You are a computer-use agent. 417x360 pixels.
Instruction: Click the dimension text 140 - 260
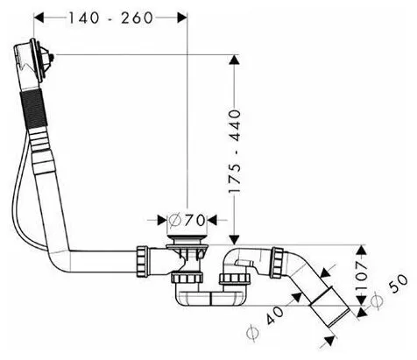(110, 18)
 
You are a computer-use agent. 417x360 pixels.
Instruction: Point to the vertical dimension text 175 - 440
(235, 151)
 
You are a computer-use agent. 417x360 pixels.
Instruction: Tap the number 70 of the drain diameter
(195, 221)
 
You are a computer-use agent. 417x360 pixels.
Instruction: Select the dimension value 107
(361, 275)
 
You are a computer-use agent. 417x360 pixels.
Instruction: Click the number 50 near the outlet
(399, 283)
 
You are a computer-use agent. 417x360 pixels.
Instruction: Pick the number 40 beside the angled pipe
(274, 315)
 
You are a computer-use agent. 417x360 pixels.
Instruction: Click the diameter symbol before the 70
(175, 221)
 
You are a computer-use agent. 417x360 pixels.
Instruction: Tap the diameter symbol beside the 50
(376, 302)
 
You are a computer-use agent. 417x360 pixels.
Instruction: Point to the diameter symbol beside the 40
(252, 333)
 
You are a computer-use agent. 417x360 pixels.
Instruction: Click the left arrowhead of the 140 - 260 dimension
(39, 18)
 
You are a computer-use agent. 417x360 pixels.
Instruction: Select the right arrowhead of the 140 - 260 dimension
(182, 18)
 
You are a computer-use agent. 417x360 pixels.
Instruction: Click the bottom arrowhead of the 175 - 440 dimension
(234, 239)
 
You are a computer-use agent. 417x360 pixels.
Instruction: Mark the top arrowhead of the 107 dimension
(362, 250)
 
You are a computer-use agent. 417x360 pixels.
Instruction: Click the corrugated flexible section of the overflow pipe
(33, 109)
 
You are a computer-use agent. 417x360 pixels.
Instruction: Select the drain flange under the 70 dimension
(187, 238)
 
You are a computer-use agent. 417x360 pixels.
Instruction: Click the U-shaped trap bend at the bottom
(211, 298)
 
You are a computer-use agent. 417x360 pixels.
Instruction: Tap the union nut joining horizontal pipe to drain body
(143, 261)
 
